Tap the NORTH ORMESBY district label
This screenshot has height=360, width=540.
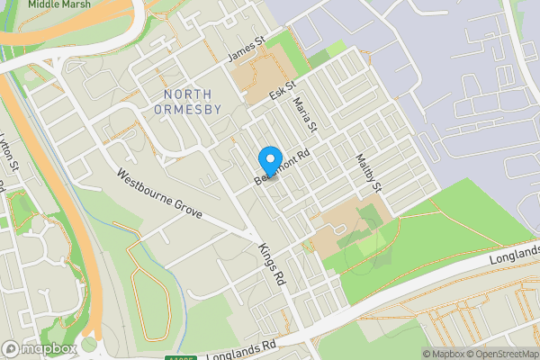coord(188,102)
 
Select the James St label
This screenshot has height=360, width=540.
coord(247,49)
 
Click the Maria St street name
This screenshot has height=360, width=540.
coord(308,114)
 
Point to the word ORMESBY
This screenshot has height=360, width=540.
coord(188,111)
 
